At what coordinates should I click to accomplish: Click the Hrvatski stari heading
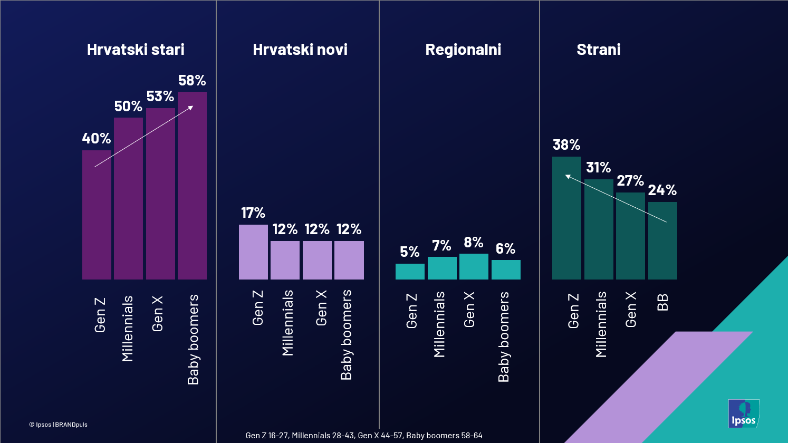pyautogui.click(x=136, y=50)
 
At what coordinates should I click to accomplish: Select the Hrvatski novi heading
pyautogui.click(x=300, y=50)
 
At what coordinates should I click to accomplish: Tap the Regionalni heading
pyautogui.click(x=463, y=50)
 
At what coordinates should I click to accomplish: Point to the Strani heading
pyautogui.click(x=598, y=50)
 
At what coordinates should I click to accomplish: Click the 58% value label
pyautogui.click(x=192, y=81)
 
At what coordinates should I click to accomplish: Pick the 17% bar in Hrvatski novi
pyautogui.click(x=253, y=252)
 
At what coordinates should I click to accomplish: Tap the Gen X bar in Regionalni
pyautogui.click(x=474, y=267)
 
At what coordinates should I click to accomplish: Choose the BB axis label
pyautogui.click(x=663, y=302)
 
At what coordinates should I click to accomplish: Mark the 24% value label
pyautogui.click(x=662, y=190)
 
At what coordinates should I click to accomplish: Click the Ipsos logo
pyautogui.click(x=744, y=413)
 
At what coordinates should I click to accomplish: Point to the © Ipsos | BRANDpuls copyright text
pyautogui.click(x=58, y=425)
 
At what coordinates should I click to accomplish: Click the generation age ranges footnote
pyautogui.click(x=364, y=436)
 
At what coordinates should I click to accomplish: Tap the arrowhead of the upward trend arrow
pyautogui.click(x=191, y=108)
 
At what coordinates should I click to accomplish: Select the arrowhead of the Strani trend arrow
pyautogui.click(x=568, y=177)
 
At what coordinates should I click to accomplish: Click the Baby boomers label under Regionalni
pyautogui.click(x=504, y=336)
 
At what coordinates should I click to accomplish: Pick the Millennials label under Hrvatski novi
pyautogui.click(x=287, y=323)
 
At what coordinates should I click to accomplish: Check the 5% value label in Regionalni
pyautogui.click(x=409, y=252)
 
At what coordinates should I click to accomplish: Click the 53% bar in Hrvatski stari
pyautogui.click(x=160, y=194)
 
